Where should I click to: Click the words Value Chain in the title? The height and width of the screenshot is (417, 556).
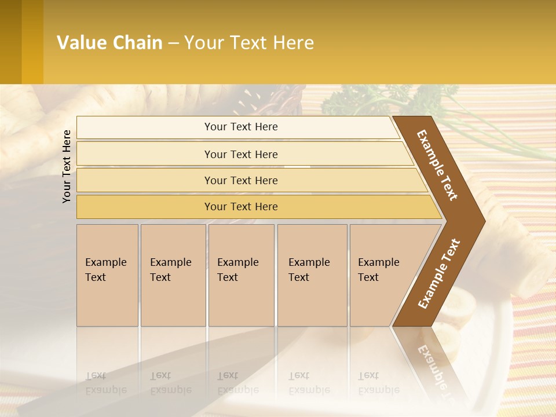(109, 43)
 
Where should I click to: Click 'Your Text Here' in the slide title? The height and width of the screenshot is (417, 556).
(249, 43)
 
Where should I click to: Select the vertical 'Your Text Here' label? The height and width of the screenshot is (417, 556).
(67, 166)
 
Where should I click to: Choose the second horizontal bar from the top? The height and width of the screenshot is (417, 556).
(240, 154)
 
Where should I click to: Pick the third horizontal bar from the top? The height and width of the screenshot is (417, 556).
(241, 181)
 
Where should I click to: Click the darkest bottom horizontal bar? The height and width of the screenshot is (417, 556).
(241, 207)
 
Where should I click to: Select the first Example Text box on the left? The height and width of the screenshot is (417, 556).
(107, 275)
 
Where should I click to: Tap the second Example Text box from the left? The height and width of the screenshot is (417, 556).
(173, 275)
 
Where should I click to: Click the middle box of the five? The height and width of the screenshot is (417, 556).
(241, 275)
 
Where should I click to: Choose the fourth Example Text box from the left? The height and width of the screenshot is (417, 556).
(312, 275)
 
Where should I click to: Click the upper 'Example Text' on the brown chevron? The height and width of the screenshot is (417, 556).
(437, 165)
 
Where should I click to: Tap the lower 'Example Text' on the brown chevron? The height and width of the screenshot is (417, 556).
(438, 274)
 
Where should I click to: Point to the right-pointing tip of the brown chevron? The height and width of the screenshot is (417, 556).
(482, 220)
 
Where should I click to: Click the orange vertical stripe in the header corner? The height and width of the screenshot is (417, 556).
(32, 42)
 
